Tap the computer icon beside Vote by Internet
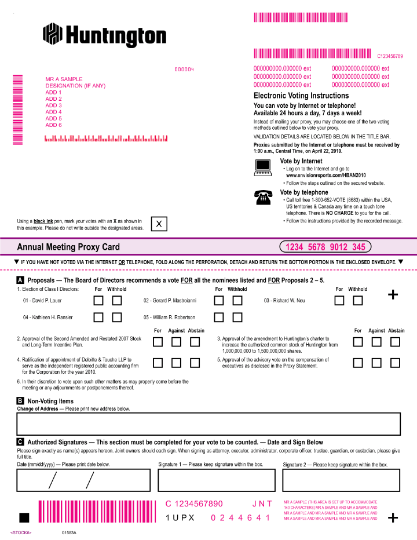point(263,167)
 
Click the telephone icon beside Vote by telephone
point(263,198)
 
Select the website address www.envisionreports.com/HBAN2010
point(326,175)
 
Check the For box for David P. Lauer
point(99,301)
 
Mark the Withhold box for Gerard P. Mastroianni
point(237,301)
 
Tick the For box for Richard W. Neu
point(339,301)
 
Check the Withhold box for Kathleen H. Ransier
point(117,318)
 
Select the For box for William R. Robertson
point(219,318)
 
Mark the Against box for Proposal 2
point(176,342)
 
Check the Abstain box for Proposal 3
point(395,342)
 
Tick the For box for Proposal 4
point(158,363)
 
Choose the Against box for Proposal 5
point(376,363)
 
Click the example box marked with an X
point(159,224)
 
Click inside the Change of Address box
point(209,424)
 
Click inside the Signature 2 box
point(341,480)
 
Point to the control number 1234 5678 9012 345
point(325,247)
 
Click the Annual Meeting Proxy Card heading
point(68,247)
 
